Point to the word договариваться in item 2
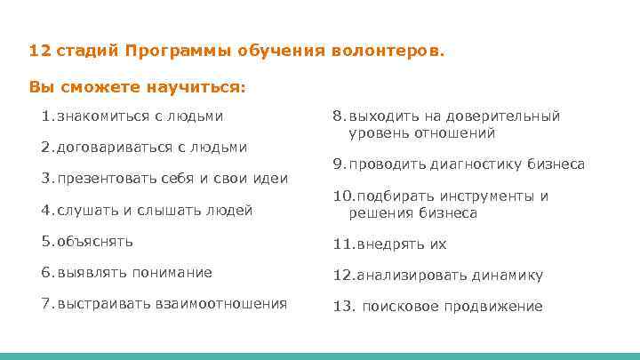106,147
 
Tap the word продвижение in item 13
497,306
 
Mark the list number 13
342,306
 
